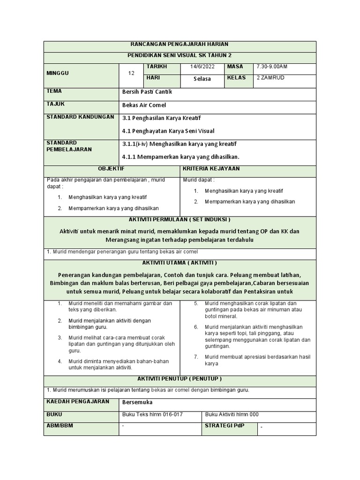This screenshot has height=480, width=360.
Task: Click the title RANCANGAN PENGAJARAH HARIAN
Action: point(180,44)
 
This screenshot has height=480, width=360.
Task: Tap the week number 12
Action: point(131,73)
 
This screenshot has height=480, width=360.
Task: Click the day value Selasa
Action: point(202,79)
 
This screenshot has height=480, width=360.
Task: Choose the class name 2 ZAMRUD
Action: point(270,78)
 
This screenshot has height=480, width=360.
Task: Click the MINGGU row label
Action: point(57,74)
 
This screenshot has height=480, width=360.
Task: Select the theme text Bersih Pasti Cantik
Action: point(147,92)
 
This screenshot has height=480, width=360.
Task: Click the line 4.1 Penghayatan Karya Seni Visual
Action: point(168,131)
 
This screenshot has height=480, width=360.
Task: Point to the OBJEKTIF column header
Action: point(111,169)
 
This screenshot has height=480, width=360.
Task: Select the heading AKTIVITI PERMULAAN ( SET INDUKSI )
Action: point(180,219)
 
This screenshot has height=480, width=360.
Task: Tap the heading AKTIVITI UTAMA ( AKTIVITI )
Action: point(180,262)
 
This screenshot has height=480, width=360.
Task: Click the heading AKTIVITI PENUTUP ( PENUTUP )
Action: point(180,378)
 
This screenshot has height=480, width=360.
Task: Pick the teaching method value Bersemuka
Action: point(137,402)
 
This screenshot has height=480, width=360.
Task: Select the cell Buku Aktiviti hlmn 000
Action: point(232,414)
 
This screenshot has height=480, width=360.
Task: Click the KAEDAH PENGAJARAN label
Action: point(77,402)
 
